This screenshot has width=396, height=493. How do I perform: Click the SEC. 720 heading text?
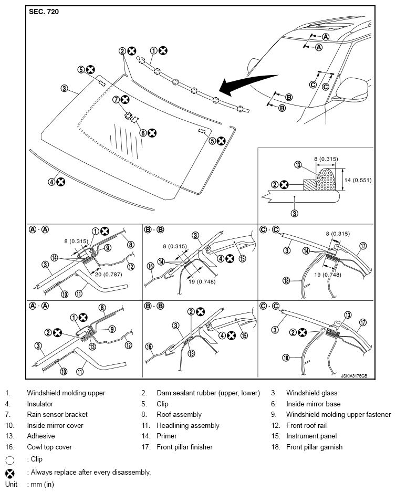(44, 11)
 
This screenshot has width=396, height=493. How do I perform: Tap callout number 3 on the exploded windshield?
(64, 89)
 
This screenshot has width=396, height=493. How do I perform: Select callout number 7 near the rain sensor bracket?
(116, 99)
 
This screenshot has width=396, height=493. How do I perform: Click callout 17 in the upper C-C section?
(362, 245)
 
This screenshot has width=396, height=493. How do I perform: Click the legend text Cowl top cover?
(49, 447)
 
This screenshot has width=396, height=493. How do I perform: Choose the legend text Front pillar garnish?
(314, 447)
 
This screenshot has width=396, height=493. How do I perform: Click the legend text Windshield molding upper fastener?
(338, 414)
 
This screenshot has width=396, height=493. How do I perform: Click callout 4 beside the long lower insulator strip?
(51, 182)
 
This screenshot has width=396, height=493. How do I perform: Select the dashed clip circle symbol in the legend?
(9, 459)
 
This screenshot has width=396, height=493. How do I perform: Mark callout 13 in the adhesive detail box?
(298, 165)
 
